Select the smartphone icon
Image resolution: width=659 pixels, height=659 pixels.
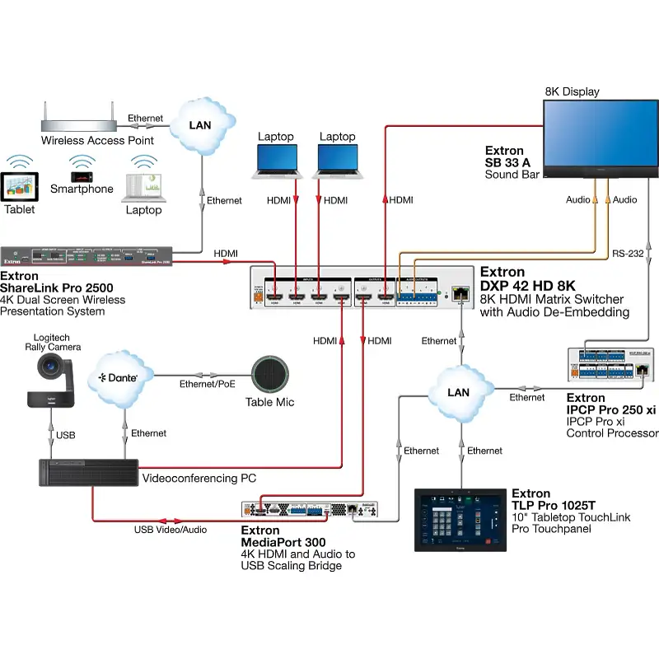[x=82, y=176]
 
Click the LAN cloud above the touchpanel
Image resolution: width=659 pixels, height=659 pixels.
[x=457, y=392]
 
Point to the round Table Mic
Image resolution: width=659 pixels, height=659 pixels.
[x=269, y=376]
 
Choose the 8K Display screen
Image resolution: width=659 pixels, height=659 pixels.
[x=601, y=135]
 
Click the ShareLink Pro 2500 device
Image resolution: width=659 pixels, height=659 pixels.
[x=86, y=256]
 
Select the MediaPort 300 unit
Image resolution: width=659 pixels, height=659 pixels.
[x=309, y=511]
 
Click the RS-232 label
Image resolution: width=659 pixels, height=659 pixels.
[x=627, y=254]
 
